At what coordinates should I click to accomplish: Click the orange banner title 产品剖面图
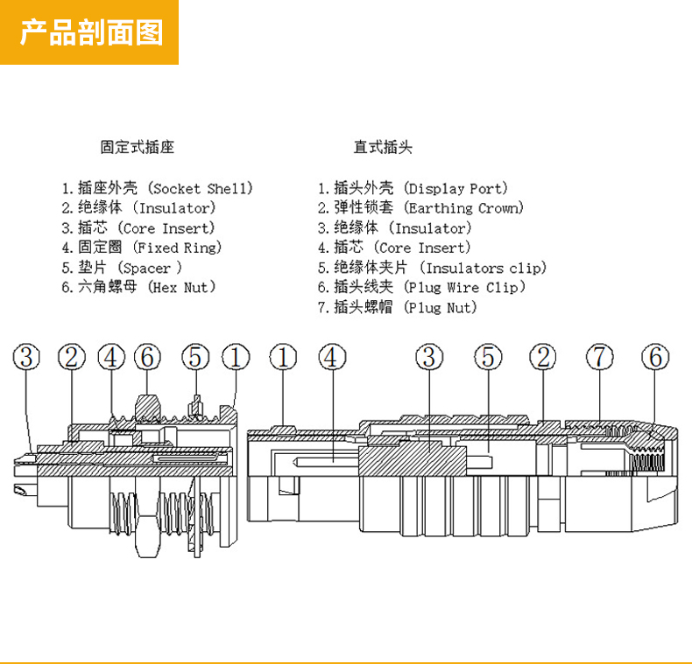(x=91, y=32)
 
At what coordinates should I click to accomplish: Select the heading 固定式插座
(x=138, y=147)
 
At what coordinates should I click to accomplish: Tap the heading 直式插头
(x=383, y=147)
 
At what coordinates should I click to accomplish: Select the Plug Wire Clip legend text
(x=465, y=288)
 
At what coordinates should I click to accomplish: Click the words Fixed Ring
(x=178, y=248)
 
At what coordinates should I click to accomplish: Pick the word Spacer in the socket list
(x=146, y=268)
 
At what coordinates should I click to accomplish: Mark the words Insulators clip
(x=484, y=268)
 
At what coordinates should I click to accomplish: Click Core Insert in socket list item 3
(x=166, y=228)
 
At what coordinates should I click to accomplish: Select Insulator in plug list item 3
(x=431, y=228)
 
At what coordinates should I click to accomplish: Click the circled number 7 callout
(x=600, y=357)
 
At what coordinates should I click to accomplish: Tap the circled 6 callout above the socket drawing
(x=147, y=357)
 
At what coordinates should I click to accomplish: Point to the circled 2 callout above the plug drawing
(x=543, y=357)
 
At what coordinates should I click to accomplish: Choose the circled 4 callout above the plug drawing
(x=332, y=357)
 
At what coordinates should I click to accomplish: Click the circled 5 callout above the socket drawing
(x=195, y=357)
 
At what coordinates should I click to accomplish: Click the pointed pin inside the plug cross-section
(x=326, y=462)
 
